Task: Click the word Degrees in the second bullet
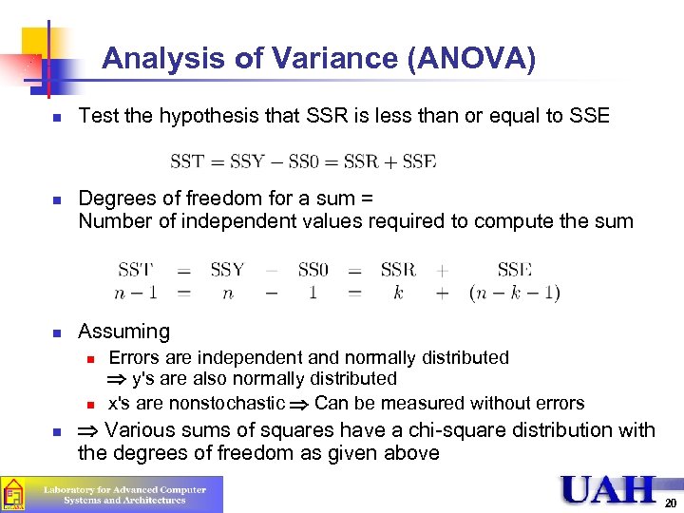tap(115, 199)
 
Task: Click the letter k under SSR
tap(398, 293)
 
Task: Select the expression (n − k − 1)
tap(514, 293)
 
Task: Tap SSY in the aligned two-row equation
tap(227, 270)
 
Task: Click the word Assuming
tap(123, 332)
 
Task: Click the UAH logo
tap(608, 490)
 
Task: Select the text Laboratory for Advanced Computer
tap(124, 490)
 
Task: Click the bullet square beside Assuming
tap(57, 333)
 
